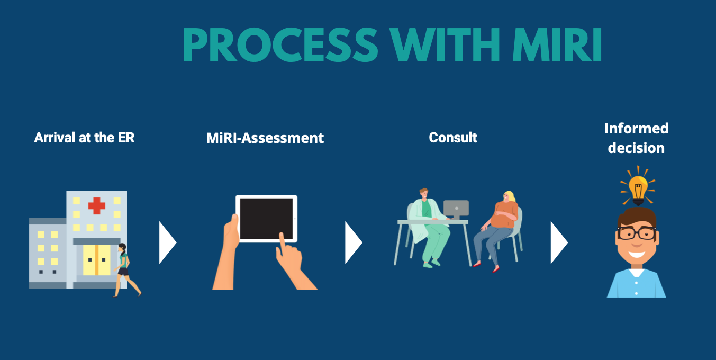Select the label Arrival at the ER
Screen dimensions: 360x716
[84, 138]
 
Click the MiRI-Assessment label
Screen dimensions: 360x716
[265, 138]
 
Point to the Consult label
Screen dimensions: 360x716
[453, 138]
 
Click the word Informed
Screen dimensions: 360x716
[636, 129]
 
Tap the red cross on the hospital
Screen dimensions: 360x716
[96, 205]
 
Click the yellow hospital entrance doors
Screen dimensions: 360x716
[97, 260]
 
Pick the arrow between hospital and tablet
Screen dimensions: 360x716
[167, 242]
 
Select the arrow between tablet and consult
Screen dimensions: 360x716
[353, 242]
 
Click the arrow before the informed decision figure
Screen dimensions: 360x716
[559, 242]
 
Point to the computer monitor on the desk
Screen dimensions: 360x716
[456, 208]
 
